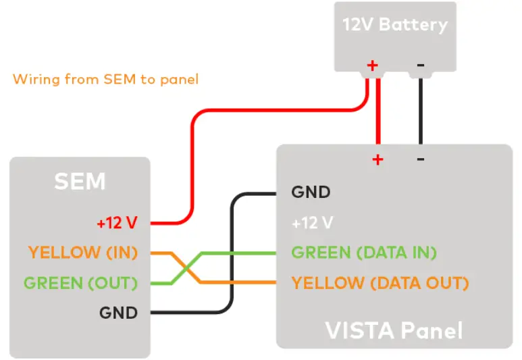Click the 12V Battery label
click(394, 26)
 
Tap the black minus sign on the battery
click(420, 65)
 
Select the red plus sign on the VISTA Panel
click(377, 160)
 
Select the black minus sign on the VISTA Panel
click(420, 160)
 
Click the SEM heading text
click(80, 181)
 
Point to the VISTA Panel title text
click(394, 330)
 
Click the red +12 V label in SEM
click(117, 222)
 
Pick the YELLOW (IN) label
click(83, 253)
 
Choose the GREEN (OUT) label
click(80, 282)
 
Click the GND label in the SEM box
click(118, 313)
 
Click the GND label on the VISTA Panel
click(311, 192)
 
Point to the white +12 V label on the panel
click(312, 222)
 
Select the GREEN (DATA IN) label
click(364, 253)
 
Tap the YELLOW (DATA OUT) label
click(380, 282)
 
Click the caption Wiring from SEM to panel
click(106, 79)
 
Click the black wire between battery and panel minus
click(420, 111)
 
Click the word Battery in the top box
click(413, 26)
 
